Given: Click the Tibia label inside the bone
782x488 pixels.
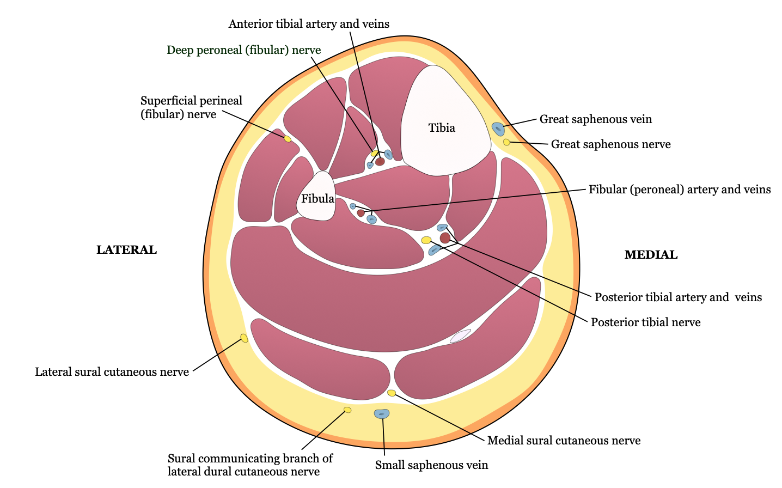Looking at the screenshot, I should pos(442,129).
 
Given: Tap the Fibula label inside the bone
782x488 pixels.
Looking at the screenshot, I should pos(317,199).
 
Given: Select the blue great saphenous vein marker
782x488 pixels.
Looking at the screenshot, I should pos(498,129).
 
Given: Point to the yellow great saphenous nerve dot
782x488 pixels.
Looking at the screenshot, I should pos(506,142).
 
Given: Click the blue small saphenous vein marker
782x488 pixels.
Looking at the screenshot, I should pos(382,414).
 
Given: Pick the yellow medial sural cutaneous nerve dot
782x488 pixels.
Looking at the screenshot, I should pos(392,393).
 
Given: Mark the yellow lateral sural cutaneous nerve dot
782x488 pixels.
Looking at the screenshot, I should pos(244,338).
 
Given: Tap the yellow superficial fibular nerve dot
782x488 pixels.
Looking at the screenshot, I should pos(288,139).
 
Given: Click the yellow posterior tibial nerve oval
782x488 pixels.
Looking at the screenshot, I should pos(426,240).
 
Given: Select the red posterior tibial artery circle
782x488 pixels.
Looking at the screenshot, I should pos(445,238).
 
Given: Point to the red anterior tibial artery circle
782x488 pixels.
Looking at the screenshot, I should pos(380,162).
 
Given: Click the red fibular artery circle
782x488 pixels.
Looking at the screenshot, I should pos(361,213).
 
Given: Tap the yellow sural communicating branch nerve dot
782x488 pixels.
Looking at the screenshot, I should pos(347,410).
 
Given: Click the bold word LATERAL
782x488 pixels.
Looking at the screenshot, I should pos(126,250).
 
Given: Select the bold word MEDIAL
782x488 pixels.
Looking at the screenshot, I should pos(651,255).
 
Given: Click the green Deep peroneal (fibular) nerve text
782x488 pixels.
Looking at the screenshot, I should pos(243,51).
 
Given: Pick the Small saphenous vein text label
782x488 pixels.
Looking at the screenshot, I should pos(431,465).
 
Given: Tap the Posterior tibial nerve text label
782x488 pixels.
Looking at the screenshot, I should pos(645,322).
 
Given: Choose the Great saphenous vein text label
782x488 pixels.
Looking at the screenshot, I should pos(595,119).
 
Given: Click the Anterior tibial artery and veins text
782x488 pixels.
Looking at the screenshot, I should pos(309,24).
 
